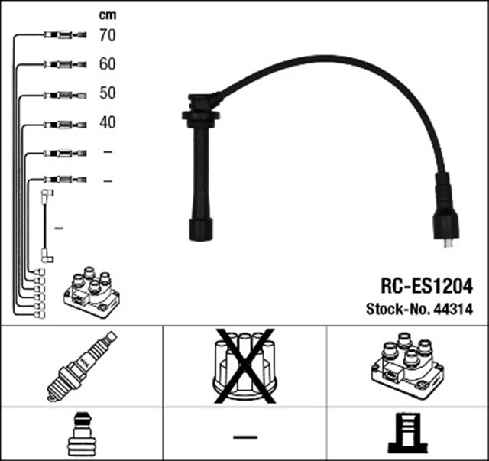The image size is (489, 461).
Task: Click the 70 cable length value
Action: [x=107, y=34]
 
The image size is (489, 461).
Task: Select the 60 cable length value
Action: [x=107, y=64]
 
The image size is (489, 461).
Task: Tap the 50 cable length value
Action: [x=107, y=93]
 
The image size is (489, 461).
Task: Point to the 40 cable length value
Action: [x=107, y=122]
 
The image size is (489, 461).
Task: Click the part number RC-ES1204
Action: [x=426, y=287]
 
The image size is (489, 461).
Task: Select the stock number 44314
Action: [x=456, y=310]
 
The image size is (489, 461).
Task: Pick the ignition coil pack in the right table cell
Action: [x=406, y=365]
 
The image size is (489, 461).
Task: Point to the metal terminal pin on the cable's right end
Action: [x=449, y=244]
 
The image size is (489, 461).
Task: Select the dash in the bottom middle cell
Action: [x=244, y=437]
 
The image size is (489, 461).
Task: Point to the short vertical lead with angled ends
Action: [x=47, y=227]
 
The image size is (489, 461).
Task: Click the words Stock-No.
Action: [x=390, y=310]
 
